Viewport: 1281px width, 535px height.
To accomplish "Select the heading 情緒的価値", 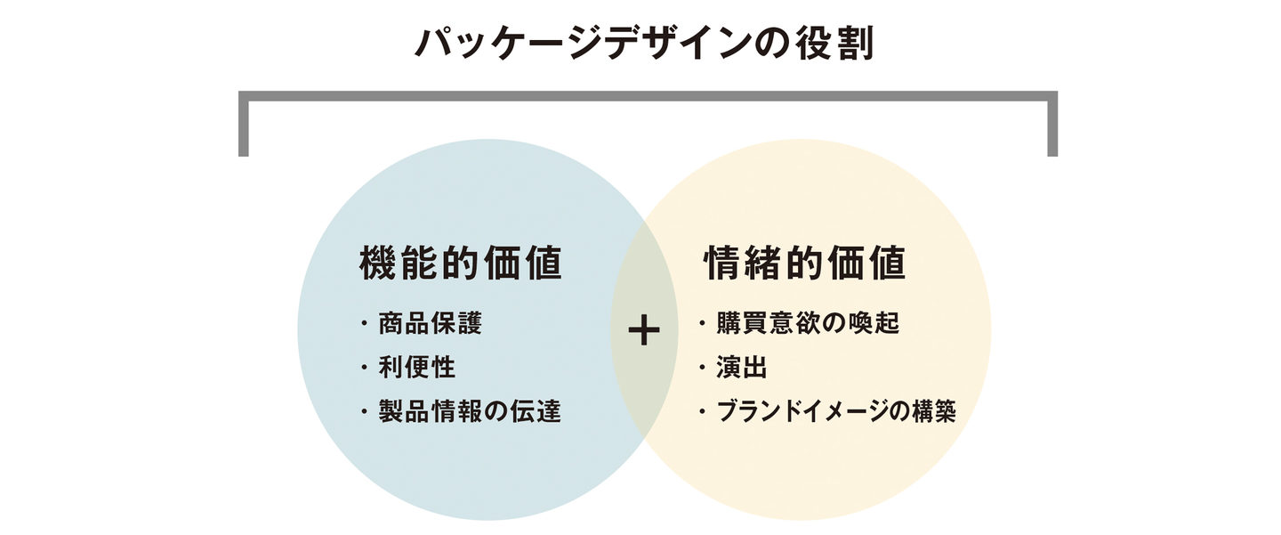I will pos(805,264).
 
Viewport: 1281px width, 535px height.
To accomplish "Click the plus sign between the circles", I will pos(644,331).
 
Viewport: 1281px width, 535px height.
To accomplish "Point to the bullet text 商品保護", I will pos(430,322).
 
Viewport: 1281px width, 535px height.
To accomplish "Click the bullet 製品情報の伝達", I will pos(470,411).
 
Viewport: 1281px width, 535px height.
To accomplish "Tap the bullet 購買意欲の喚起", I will pos(809,322).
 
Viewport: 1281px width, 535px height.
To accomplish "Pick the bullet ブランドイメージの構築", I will pos(835,411).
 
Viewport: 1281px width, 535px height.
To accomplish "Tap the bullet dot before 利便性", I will pos(364,368).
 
